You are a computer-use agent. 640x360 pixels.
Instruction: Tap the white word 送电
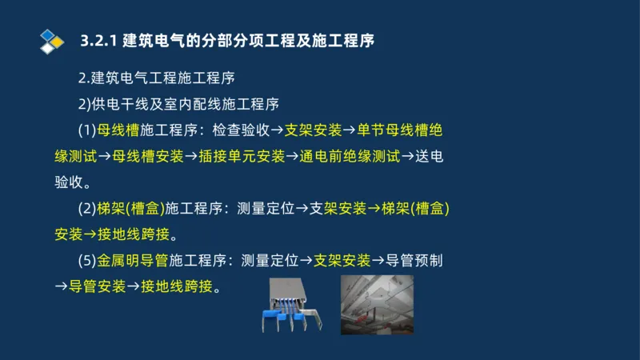click(x=430, y=156)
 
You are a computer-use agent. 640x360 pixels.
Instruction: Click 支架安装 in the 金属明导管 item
click(x=342, y=260)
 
